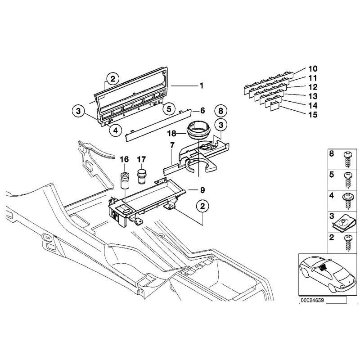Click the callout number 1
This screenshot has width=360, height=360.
click(202, 85)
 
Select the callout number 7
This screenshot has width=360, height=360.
click(172, 146)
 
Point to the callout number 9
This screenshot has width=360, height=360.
click(202, 189)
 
